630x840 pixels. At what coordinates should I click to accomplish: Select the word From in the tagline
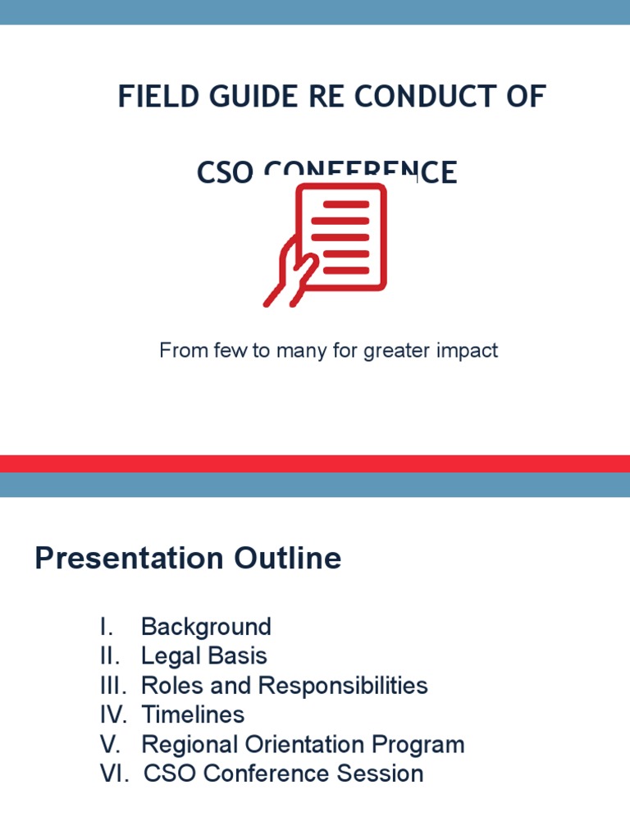coord(180,350)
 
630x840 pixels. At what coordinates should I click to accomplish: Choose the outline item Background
coord(206,627)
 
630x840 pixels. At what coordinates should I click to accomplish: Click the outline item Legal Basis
coord(204,656)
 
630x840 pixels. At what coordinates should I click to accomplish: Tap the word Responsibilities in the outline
coord(344,686)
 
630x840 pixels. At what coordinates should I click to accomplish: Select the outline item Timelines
coord(193,714)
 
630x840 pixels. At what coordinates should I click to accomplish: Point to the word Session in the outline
coord(385,774)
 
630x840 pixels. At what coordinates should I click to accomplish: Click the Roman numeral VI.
coord(114,774)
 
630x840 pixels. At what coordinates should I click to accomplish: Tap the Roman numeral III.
coord(114,686)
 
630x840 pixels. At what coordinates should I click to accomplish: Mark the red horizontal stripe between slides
coord(315,463)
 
